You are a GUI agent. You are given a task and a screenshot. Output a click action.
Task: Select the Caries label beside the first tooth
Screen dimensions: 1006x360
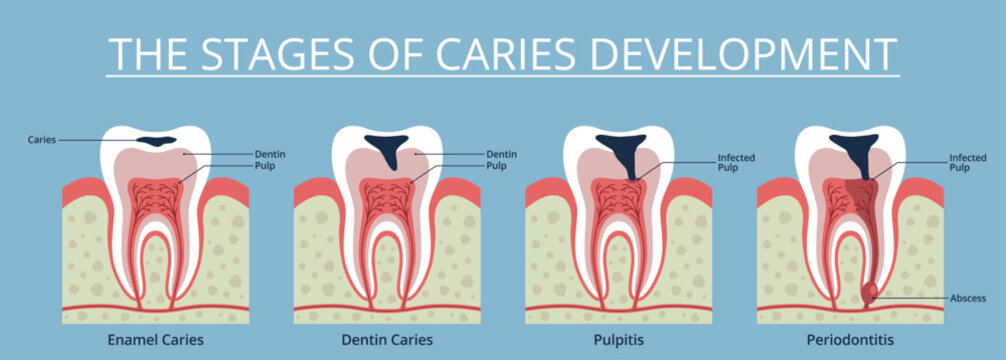coord(42,140)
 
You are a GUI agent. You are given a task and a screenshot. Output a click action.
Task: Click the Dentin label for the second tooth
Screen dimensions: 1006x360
coord(501,154)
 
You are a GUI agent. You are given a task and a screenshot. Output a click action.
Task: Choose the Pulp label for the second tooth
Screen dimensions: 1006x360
coord(496,165)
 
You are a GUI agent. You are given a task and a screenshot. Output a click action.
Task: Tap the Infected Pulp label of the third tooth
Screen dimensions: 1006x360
coord(736,163)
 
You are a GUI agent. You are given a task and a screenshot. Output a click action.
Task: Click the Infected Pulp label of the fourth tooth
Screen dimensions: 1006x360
coord(967,163)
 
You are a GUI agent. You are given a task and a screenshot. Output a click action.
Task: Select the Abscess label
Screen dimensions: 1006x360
coord(968,298)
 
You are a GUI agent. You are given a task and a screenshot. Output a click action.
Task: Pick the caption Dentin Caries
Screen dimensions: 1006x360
coord(388,340)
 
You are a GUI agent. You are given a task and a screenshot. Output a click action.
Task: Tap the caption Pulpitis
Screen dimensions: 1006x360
coord(620,340)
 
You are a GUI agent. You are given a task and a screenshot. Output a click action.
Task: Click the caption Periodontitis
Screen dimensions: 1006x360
coord(851,340)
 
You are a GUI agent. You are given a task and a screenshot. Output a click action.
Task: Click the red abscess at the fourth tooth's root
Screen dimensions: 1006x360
coord(870,292)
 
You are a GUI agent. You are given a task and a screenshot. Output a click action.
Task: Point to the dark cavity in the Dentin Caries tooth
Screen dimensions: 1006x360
coord(388,147)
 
